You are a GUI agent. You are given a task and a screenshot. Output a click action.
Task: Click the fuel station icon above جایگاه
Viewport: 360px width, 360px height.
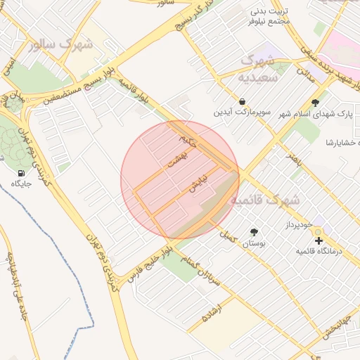pyautogui.click(x=20, y=172)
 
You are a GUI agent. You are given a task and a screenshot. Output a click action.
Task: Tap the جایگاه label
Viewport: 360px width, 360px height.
pyautogui.click(x=21, y=184)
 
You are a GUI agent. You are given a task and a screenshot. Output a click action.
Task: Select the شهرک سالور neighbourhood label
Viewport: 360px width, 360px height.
pyautogui.click(x=62, y=45)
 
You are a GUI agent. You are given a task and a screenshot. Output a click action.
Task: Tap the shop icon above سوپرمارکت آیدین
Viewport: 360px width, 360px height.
pyautogui.click(x=243, y=101)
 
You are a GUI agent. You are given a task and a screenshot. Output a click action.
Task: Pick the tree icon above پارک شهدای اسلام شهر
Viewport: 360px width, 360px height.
pyautogui.click(x=315, y=103)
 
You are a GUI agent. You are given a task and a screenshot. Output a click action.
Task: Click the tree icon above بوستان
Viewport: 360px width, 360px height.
pyautogui.click(x=253, y=232)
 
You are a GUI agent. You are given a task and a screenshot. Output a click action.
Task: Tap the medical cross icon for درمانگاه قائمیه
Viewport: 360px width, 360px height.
pyautogui.click(x=319, y=240)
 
